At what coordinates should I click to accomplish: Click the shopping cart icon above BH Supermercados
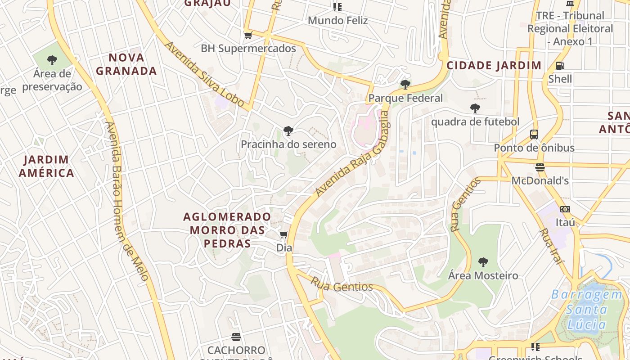pyautogui.click(x=247, y=35)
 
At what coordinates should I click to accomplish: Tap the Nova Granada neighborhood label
pyautogui.click(x=126, y=64)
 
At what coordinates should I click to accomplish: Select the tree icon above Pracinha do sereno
pyautogui.click(x=288, y=131)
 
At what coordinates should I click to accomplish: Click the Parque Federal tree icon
pyautogui.click(x=405, y=84)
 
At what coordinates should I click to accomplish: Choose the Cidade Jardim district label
pyautogui.click(x=494, y=66)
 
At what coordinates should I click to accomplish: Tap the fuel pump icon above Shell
pyautogui.click(x=560, y=66)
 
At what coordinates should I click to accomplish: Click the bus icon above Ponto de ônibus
pyautogui.click(x=534, y=134)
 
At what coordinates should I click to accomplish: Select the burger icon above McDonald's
pyautogui.click(x=540, y=167)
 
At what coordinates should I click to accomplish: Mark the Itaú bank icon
pyautogui.click(x=565, y=209)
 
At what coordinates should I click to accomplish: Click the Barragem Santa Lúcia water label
pyautogui.click(x=587, y=309)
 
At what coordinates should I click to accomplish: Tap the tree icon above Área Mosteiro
pyautogui.click(x=483, y=262)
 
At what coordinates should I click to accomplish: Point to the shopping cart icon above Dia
pyautogui.click(x=284, y=234)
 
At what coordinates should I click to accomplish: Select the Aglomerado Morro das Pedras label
pyautogui.click(x=227, y=230)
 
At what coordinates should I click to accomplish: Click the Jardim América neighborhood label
pyautogui.click(x=46, y=166)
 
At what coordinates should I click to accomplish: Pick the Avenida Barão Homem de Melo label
pyautogui.click(x=127, y=201)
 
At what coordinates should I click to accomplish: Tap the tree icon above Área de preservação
pyautogui.click(x=52, y=60)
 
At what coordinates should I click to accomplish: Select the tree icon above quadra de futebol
pyautogui.click(x=475, y=108)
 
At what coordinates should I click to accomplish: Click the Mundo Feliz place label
pyautogui.click(x=337, y=20)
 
